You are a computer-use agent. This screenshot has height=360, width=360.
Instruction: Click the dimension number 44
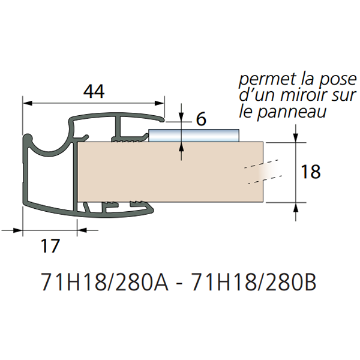tap(94, 92)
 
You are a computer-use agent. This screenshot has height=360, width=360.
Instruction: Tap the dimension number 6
tap(201, 119)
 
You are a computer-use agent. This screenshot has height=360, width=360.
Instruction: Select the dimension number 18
tap(310, 172)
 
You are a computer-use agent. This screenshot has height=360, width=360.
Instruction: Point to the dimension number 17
tap(50, 245)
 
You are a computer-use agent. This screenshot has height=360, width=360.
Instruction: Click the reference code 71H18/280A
tap(108, 281)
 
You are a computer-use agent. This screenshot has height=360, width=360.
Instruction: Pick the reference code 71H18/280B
tap(253, 281)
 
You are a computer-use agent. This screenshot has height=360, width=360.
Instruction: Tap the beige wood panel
tap(180, 172)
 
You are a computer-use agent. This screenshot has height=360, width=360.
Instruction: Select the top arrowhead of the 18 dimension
tap(296, 137)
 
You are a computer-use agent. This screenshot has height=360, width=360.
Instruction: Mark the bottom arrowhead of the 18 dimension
tap(296, 207)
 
